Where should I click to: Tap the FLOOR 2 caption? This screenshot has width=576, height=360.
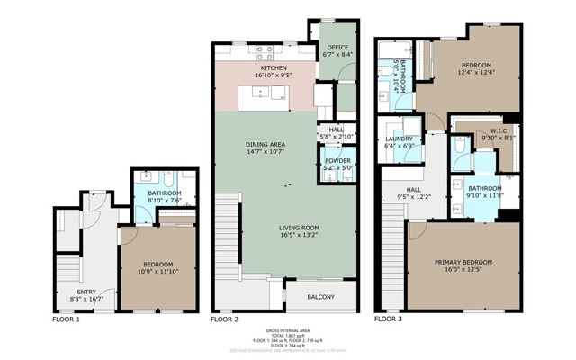224,319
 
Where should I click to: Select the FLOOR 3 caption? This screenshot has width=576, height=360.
389,319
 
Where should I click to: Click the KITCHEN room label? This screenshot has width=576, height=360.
274,68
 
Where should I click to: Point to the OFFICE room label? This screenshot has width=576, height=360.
337,47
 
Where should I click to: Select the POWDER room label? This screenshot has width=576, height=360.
337,161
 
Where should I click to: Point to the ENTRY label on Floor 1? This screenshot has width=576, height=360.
86,292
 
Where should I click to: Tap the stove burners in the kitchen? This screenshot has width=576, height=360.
267,52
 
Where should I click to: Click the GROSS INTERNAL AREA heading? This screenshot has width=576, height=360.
288,331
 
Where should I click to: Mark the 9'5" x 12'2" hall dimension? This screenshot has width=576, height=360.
414,196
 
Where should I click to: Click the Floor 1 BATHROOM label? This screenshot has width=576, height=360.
165,193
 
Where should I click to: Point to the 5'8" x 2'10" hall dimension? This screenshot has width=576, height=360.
337,137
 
